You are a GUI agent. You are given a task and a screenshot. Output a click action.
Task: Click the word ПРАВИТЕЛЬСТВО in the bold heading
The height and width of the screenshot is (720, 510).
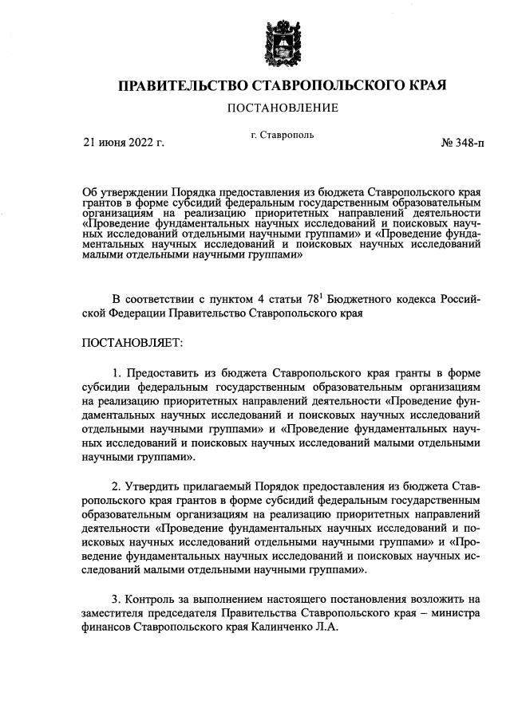point(180,85)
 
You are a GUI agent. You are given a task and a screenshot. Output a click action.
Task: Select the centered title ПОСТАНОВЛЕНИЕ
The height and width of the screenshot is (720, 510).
point(282,108)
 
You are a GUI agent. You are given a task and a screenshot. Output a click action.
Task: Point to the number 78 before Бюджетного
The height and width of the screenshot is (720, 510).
point(313,299)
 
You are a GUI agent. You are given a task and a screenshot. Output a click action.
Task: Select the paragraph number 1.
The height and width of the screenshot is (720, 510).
point(117,372)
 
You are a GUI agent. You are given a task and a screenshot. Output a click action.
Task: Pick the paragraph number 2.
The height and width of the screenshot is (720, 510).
point(117,486)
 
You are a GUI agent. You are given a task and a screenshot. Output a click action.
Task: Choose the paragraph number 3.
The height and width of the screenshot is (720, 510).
point(117,599)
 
